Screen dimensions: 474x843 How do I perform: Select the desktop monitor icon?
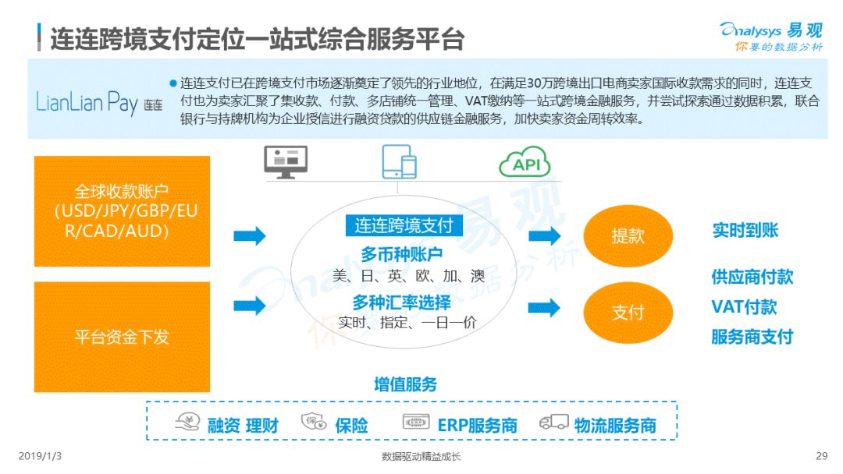(284, 161)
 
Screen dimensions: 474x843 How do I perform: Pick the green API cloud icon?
(525, 163)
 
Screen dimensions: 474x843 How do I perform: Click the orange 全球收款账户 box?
(122, 211)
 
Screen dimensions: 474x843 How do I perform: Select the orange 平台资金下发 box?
(122, 337)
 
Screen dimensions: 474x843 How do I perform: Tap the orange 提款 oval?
(628, 236)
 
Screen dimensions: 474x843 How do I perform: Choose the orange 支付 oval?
(628, 312)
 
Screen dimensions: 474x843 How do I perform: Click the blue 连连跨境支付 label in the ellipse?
(404, 226)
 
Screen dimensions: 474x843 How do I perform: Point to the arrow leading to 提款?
(544, 235)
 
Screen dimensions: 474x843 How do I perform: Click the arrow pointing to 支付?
(544, 307)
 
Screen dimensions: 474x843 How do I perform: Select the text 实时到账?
(745, 230)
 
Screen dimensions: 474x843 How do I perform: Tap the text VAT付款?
(744, 306)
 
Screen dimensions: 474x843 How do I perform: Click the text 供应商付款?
(752, 277)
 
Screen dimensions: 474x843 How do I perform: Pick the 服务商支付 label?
(752, 337)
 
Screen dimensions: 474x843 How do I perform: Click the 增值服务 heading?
(405, 384)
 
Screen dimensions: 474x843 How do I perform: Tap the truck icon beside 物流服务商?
(553, 423)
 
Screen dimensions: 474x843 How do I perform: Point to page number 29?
(820, 456)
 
